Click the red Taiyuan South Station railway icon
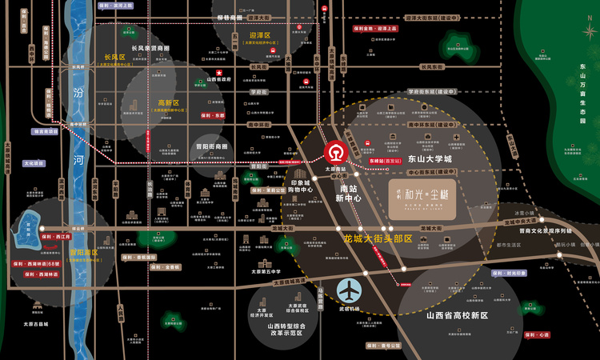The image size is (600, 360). coord(335,151)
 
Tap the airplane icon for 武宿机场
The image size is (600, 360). coord(349,290)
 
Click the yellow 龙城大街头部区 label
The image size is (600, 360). coord(378,238)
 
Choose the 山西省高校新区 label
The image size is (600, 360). coord(457,315)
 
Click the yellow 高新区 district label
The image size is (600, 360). coord(169,103)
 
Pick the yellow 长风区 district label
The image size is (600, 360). coord(115,58)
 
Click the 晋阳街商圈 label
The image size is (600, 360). coord(211,147)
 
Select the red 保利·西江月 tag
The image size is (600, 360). coord(54,237)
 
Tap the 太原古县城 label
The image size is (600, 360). coord(36,324)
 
